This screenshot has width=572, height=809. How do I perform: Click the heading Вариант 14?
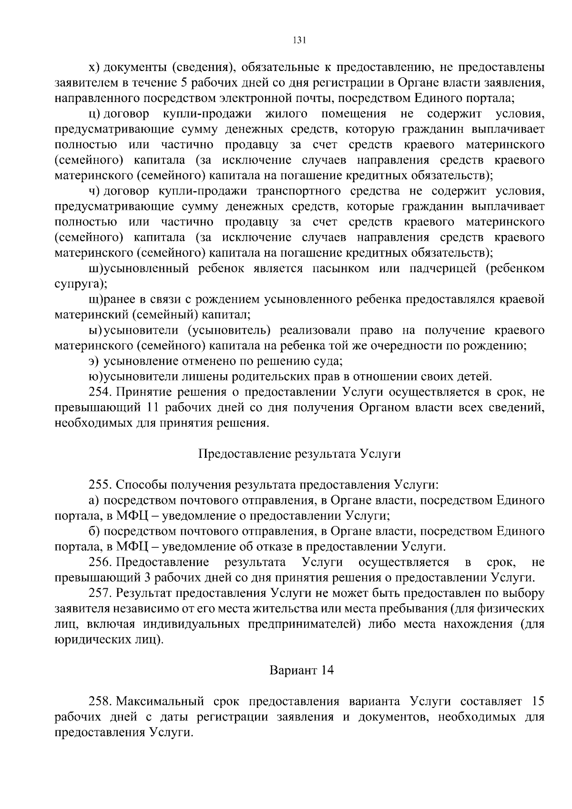[301, 670]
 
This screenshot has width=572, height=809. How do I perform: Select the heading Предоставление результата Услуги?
[299, 453]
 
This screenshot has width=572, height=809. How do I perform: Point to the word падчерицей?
[443, 268]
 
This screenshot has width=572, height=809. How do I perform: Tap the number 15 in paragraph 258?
[537, 701]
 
